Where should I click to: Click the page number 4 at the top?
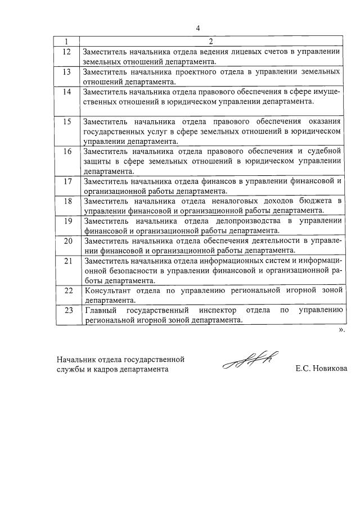click(x=198, y=28)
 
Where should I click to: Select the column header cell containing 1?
click(x=67, y=41)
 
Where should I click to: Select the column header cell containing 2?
click(x=210, y=41)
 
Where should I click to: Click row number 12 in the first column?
click(x=67, y=52)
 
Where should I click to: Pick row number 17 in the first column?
click(x=67, y=181)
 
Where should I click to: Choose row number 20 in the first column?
click(x=67, y=241)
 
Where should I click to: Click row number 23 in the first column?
click(x=67, y=310)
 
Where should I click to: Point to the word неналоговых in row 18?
click(x=222, y=201)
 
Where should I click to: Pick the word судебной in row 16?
click(x=325, y=151)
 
